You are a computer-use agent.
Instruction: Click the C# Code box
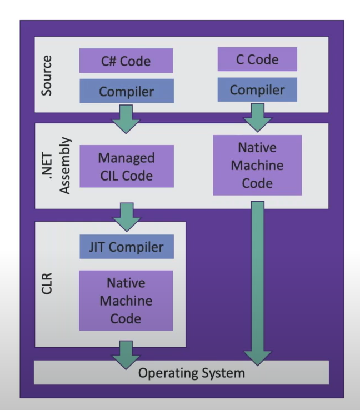126,61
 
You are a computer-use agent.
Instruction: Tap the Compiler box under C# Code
126,91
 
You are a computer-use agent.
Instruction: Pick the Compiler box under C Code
257,89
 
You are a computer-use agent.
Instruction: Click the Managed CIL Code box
126,167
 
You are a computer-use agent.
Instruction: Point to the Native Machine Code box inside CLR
126,301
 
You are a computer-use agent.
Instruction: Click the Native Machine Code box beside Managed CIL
257,165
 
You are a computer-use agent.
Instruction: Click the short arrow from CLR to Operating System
126,351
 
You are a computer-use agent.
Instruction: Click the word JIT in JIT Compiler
91,247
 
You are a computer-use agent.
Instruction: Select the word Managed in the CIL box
126,157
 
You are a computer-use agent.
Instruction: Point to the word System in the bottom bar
222,372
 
